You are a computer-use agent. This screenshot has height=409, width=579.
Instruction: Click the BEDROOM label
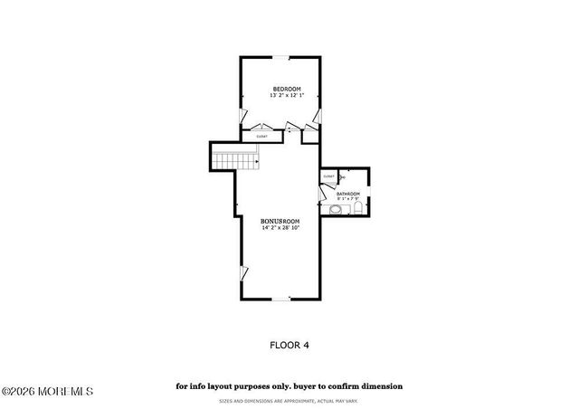tap(287, 89)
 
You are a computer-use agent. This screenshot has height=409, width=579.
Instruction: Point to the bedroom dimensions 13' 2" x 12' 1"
tap(287, 95)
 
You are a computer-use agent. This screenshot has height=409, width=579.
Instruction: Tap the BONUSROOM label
tap(280, 221)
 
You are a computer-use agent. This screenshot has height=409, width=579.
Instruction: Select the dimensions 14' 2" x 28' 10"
tap(280, 228)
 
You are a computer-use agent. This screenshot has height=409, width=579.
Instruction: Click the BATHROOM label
tap(348, 194)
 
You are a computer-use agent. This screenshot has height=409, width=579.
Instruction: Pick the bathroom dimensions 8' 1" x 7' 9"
tap(348, 199)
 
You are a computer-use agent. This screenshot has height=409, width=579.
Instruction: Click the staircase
tap(237, 161)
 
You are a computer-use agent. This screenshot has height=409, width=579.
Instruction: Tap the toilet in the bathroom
tap(357, 210)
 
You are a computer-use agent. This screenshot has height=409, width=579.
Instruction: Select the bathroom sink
tap(336, 210)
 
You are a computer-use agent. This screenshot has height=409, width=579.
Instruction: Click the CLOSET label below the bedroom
tap(261, 137)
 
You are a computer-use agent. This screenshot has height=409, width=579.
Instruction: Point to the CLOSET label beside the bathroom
tap(328, 176)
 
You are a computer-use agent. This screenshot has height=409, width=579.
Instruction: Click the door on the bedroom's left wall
tap(242, 116)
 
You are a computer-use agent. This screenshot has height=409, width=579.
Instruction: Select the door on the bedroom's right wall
tap(318, 116)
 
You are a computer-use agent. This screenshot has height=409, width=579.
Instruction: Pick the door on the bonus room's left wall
tap(242, 272)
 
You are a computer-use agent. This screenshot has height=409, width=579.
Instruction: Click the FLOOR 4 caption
tap(289, 344)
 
